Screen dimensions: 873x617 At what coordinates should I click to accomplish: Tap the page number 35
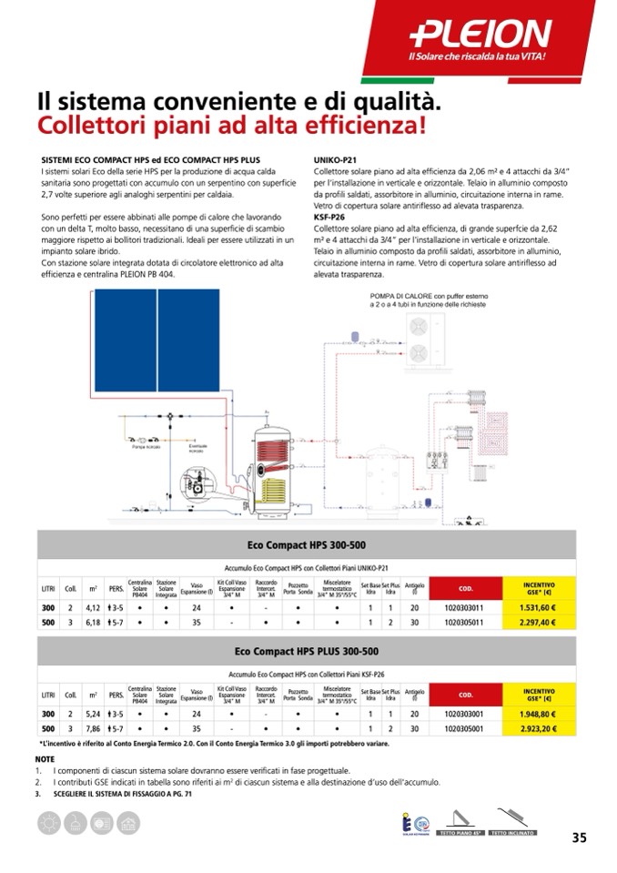580,838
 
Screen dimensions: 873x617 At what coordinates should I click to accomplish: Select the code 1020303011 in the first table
465,608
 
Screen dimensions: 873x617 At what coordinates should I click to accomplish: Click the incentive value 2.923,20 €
538,729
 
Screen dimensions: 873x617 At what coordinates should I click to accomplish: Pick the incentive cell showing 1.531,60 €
538,608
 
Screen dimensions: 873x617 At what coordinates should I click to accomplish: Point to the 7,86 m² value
93,729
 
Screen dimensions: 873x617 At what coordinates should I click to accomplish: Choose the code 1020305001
465,729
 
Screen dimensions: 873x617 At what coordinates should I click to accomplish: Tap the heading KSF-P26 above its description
329,218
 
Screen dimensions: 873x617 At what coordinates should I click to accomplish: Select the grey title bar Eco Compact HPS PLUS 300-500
307,652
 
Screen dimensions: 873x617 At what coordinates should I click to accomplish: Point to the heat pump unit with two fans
420,340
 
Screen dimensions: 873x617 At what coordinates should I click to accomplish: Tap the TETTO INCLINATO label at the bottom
512,834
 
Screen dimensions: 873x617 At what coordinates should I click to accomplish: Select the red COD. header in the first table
465,589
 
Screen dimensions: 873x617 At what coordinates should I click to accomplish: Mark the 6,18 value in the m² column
93,623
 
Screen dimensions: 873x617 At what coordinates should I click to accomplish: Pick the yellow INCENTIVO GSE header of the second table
538,695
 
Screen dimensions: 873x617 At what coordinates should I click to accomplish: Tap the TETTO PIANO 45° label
460,834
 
